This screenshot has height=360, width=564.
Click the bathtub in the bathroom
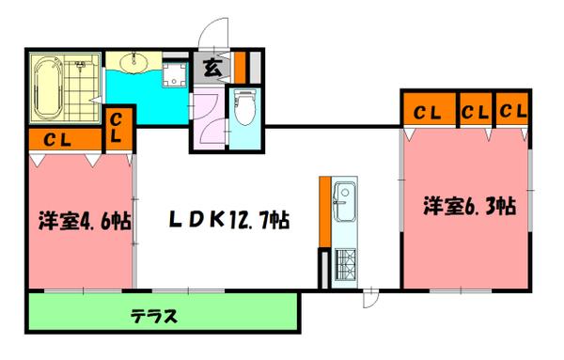point(46,89)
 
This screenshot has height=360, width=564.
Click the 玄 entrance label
point(211,68)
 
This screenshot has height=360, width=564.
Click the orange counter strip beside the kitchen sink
point(323,210)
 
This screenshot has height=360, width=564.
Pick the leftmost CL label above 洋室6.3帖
point(428,112)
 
